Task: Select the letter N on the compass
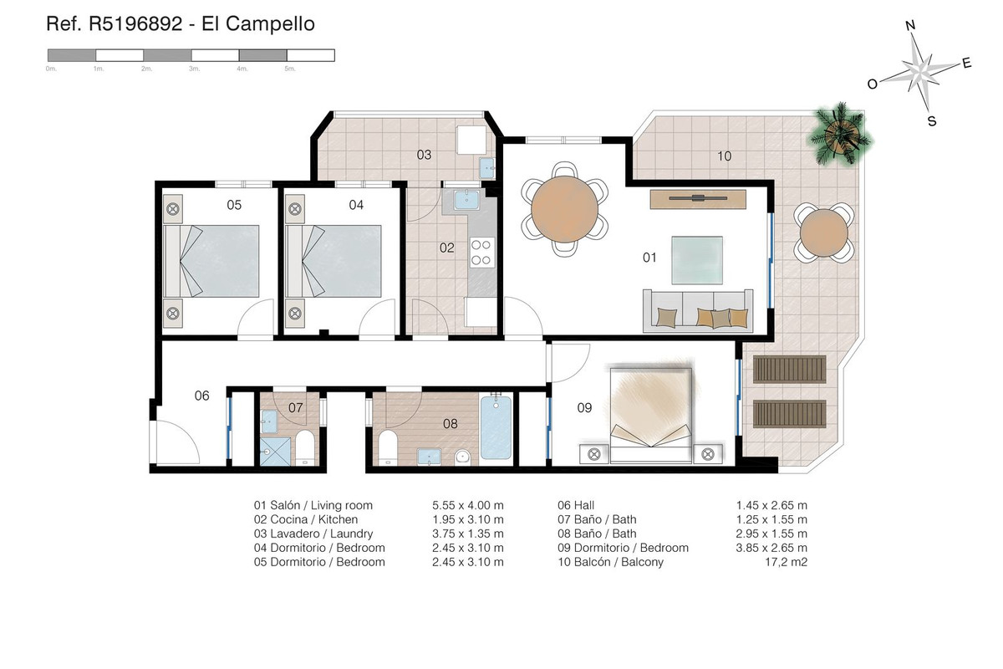click(x=910, y=26)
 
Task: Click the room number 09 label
click(x=584, y=408)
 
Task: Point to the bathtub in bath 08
click(x=496, y=427)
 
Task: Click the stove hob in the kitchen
click(x=482, y=253)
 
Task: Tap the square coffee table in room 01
click(x=698, y=261)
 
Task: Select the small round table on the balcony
click(x=823, y=232)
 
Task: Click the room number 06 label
click(x=201, y=396)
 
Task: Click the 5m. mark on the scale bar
click(x=290, y=69)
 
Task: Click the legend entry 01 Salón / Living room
click(x=313, y=505)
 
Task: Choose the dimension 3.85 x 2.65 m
click(x=771, y=548)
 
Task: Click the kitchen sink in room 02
click(x=462, y=200)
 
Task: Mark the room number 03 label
click(x=424, y=155)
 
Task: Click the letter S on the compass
click(x=931, y=121)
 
